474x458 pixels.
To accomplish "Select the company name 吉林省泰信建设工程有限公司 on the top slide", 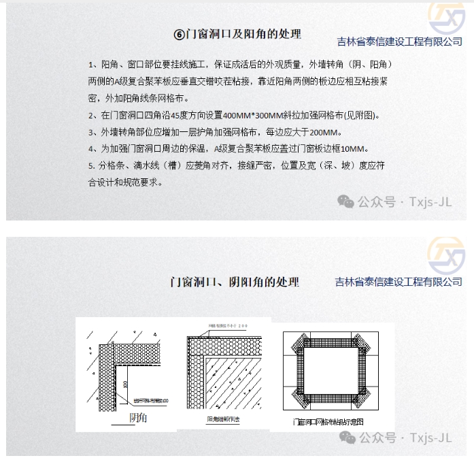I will click(x=399, y=42).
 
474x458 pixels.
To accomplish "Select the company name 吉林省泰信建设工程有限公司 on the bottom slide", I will click(x=399, y=282).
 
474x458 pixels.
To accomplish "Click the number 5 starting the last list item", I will click(x=90, y=165).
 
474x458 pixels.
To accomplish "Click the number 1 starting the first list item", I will click(x=91, y=65).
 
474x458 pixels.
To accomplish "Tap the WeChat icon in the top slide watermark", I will click(x=346, y=201).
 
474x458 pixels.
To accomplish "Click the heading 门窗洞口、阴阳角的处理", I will click(x=235, y=282).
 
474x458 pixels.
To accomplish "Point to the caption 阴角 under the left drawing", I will click(x=138, y=417).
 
